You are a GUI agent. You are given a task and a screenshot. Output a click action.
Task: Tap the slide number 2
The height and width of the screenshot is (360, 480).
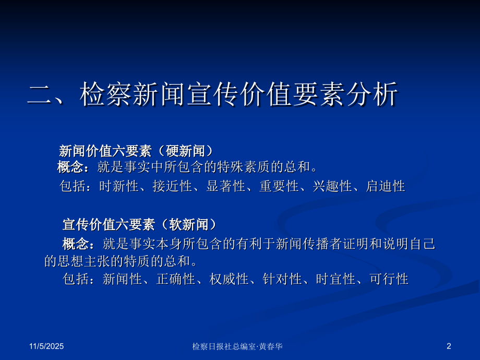449,346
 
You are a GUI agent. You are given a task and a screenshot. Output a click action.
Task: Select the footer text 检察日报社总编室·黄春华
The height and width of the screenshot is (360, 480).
237,346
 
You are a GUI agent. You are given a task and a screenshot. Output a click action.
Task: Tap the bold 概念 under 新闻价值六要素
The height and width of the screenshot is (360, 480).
70,167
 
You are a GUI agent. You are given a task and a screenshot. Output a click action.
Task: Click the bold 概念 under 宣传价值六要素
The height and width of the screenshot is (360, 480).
76,244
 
